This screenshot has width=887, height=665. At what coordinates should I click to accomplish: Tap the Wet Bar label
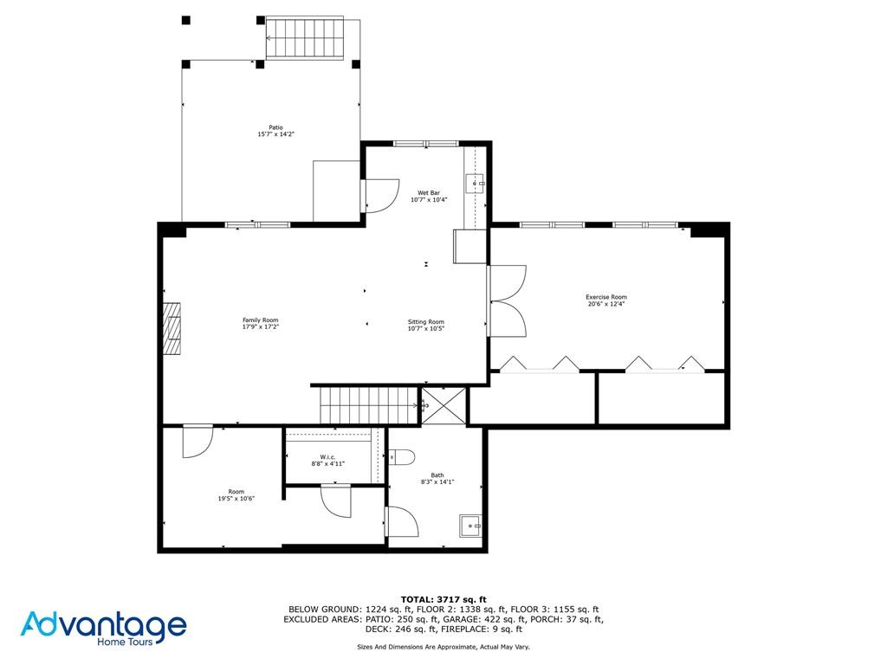coord(429,192)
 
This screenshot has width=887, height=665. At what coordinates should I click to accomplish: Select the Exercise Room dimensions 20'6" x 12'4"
coord(606,304)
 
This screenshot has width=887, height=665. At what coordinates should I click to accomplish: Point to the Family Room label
coord(260,320)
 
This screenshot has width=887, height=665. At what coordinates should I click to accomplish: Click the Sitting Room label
coord(425,322)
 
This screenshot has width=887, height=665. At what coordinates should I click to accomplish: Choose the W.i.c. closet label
coord(327,456)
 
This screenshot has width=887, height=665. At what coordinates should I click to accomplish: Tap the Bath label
coord(437,475)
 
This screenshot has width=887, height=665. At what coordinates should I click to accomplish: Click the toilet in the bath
coord(403,456)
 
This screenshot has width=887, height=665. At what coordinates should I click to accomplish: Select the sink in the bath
coord(470,525)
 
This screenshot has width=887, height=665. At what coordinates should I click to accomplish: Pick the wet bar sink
coord(476,184)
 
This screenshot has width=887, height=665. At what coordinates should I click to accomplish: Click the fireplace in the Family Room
coord(174,328)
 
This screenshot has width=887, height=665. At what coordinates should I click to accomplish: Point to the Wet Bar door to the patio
coord(379,195)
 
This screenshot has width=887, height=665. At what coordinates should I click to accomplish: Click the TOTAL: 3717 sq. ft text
coord(443,599)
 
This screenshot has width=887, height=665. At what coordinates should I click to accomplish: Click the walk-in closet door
coord(335,500)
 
